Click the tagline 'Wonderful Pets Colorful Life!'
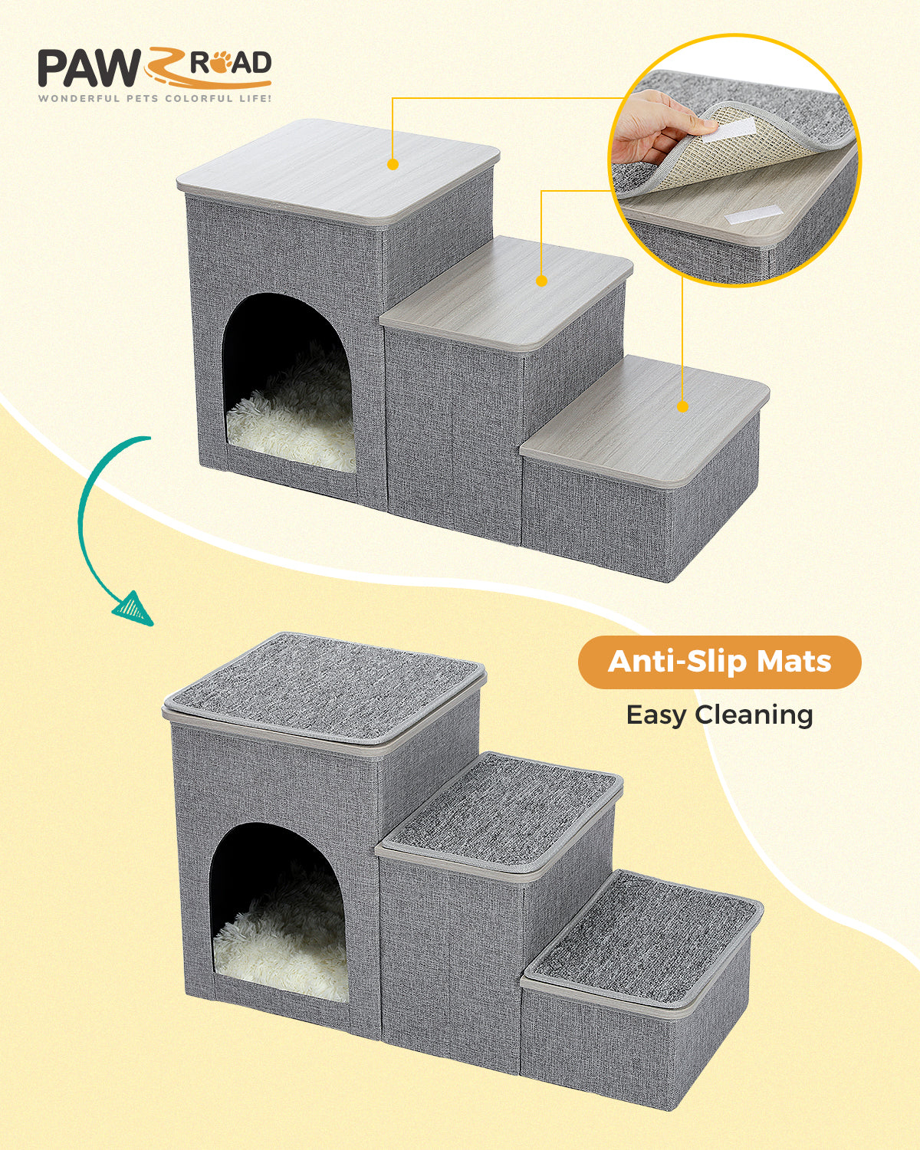[x=154, y=98]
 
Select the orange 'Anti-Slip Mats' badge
[x=719, y=662]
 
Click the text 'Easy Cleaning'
[x=719, y=715]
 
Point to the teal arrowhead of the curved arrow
[x=133, y=607]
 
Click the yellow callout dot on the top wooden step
[x=393, y=164]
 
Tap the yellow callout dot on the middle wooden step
[x=541, y=281]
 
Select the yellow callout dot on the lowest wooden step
[x=682, y=406]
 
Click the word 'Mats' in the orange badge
[x=793, y=662]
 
